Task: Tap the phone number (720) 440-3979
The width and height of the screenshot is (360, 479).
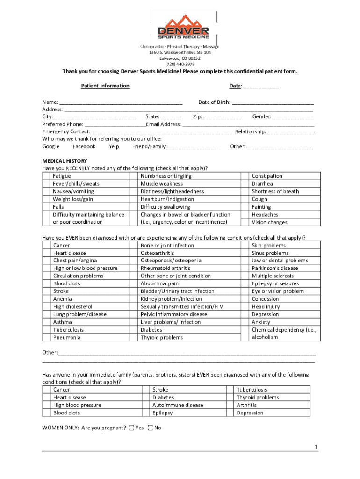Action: tap(180, 64)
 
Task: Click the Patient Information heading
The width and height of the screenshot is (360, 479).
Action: tap(105, 86)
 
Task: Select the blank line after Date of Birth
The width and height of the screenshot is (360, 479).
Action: tap(273, 102)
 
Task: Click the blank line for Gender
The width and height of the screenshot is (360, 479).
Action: tap(294, 117)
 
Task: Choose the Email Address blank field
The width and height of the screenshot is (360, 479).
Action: tap(248, 125)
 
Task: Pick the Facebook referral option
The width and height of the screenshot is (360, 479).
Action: tap(84, 147)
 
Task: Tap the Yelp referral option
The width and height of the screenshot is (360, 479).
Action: tap(114, 147)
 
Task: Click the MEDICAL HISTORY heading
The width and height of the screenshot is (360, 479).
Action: tap(65, 161)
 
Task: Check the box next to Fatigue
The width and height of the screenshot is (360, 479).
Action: tap(46, 176)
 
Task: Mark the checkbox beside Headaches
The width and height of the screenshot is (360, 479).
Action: tap(245, 215)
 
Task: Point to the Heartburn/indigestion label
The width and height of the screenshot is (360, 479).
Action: tap(167, 199)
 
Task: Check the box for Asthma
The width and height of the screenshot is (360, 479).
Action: tap(46, 322)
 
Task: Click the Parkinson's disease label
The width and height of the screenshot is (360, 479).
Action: tap(274, 269)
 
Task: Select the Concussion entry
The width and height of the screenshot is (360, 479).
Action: tap(265, 299)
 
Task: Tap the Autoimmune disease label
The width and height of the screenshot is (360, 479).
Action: tap(178, 405)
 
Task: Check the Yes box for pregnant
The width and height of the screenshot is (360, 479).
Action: tap(131, 428)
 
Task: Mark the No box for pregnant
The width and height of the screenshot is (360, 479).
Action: tap(150, 428)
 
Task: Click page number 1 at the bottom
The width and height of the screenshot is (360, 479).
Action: tap(316, 448)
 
